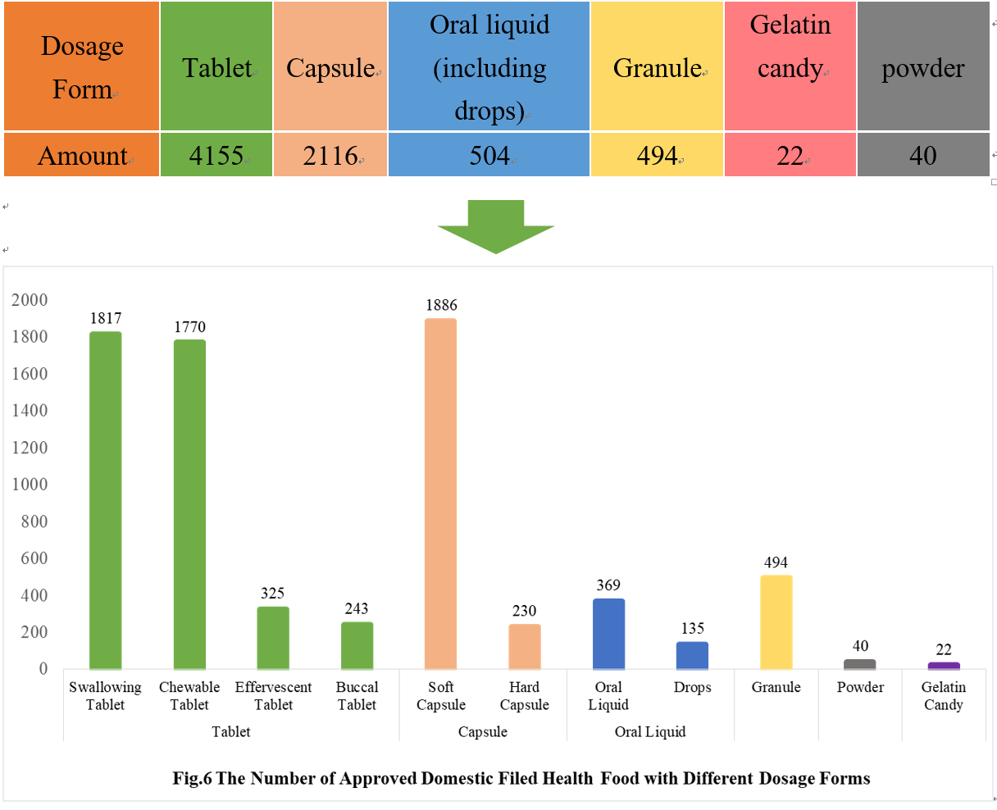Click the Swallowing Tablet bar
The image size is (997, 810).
(105, 500)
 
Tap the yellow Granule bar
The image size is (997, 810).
(776, 622)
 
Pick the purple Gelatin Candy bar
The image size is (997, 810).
(944, 665)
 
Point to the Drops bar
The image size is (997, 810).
(692, 655)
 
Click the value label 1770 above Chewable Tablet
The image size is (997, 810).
(189, 327)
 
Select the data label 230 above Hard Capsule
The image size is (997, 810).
(524, 611)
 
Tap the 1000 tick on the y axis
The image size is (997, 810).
(30, 485)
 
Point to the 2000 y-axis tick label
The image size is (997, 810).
(30, 300)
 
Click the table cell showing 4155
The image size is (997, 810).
(216, 155)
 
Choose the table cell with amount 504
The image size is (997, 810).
(489, 155)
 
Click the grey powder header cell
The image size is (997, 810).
(922, 67)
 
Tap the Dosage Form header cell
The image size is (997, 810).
(81, 66)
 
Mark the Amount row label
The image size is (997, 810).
(81, 155)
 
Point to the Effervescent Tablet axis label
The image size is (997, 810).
(273, 695)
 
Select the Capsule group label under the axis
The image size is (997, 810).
(482, 731)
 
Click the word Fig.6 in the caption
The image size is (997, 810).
(192, 778)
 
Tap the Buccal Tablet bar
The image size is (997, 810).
(357, 645)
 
